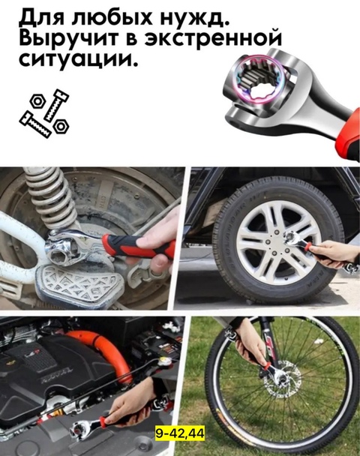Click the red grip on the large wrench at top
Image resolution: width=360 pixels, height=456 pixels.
pos(346,139)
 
